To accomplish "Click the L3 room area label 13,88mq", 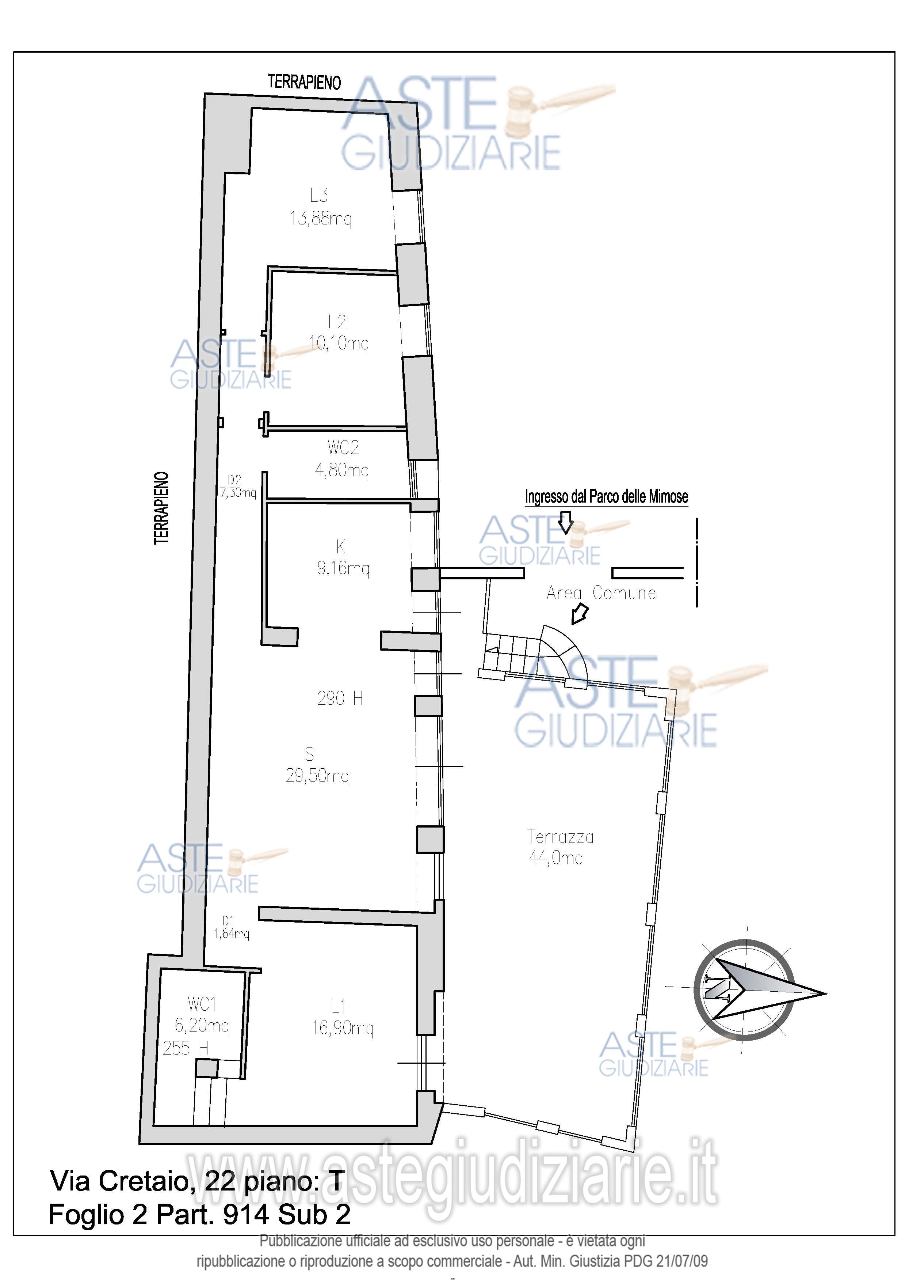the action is tap(320, 219).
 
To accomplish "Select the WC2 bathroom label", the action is tap(343, 448).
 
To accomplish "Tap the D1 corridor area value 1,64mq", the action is tap(231, 934).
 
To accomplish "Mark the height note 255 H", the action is tap(186, 1048).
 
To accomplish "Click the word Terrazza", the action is tap(560, 837).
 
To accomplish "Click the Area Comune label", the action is tap(601, 593).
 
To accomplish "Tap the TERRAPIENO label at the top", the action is tap(305, 82).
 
